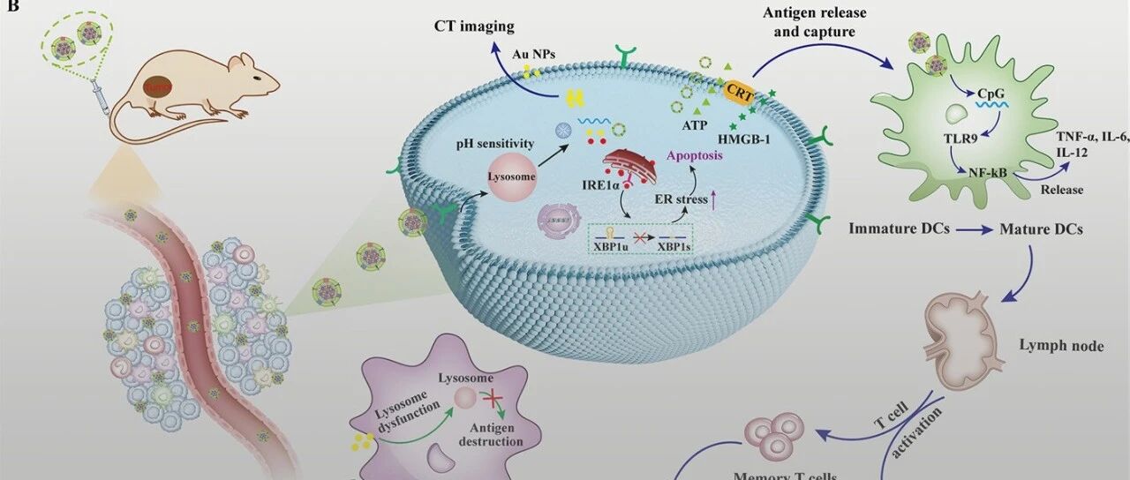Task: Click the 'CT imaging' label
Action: click(x=473, y=26)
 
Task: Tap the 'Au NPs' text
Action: click(x=533, y=54)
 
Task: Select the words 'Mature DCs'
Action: click(x=1041, y=229)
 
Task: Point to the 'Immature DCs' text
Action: click(x=900, y=229)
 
